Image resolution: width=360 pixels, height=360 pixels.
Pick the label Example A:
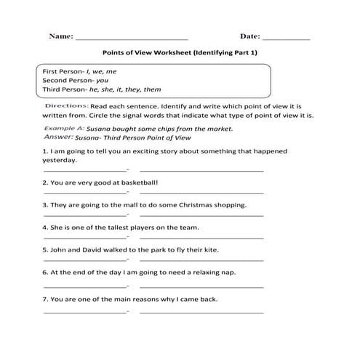[63, 128]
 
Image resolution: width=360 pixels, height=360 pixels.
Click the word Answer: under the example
[59, 136]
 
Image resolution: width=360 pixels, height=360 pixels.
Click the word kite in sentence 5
[208, 249]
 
